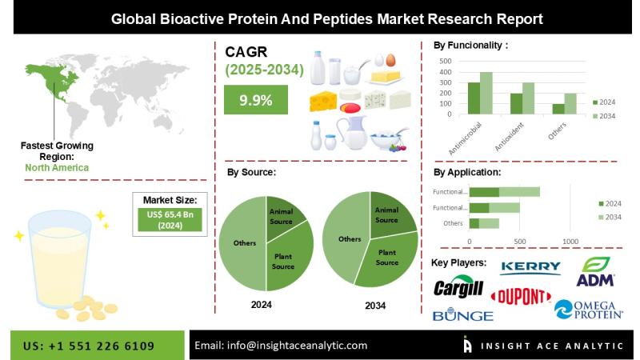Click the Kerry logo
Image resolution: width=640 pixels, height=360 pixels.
tap(530, 267)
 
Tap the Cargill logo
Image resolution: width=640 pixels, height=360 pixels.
tap(458, 288)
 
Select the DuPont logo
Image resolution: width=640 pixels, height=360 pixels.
tap(521, 297)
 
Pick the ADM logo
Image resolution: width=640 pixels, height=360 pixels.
tap(595, 271)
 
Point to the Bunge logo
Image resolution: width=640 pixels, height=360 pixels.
tap(463, 314)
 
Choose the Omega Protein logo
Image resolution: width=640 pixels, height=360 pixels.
tap(589, 310)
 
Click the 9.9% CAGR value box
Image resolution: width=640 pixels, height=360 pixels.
tap(256, 99)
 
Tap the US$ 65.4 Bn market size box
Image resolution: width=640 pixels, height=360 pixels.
tap(170, 219)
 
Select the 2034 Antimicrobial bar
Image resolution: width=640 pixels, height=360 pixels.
tap(486, 93)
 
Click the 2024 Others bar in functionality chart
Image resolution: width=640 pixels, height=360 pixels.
tap(558, 109)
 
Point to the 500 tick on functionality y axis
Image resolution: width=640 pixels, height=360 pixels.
tap(446, 62)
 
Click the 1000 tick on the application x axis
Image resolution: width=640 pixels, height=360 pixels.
tap(570, 242)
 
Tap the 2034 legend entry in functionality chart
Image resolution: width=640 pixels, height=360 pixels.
tap(604, 116)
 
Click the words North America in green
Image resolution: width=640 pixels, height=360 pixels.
tap(57, 168)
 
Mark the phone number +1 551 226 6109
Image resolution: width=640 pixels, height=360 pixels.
tap(102, 346)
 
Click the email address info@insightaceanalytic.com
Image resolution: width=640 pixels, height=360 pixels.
tap(297, 346)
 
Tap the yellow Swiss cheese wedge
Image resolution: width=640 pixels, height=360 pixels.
tap(323, 101)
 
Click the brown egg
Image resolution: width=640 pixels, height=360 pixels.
tap(390, 60)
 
